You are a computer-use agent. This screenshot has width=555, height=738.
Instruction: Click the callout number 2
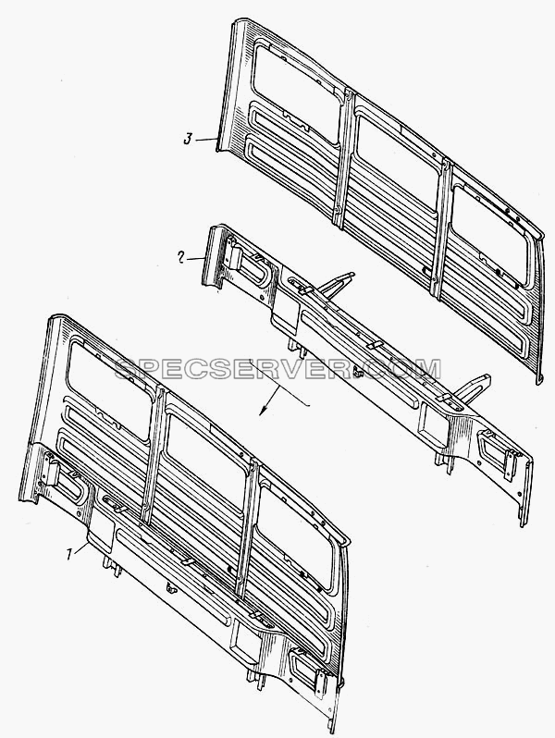click(180, 257)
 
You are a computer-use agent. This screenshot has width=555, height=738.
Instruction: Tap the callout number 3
click(188, 140)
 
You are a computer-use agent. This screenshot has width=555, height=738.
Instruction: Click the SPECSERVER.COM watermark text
click(277, 370)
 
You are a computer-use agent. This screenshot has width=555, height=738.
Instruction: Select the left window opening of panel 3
click(297, 91)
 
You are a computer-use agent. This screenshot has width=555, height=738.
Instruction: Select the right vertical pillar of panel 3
click(441, 229)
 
